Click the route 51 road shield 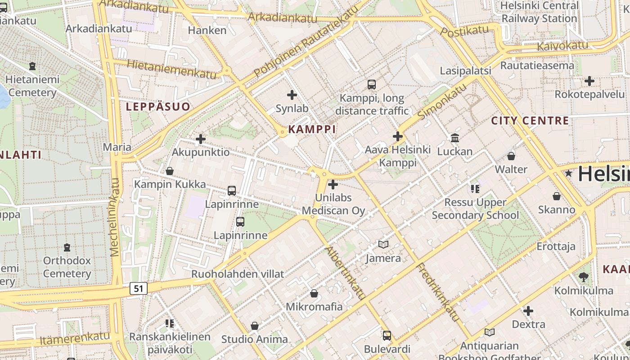click(x=139, y=288)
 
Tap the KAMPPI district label click(x=312, y=130)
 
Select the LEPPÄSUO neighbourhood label click(x=158, y=107)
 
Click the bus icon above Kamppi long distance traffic click(x=372, y=84)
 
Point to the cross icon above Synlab click(x=292, y=95)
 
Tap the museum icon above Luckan click(x=455, y=138)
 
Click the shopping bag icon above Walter click(x=511, y=156)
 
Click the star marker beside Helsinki click(x=569, y=173)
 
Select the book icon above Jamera click(x=383, y=244)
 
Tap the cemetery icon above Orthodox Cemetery click(x=67, y=247)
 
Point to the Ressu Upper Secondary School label click(x=475, y=209)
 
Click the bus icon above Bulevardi click(x=387, y=335)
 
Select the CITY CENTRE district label click(x=530, y=121)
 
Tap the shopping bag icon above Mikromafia click(x=314, y=293)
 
